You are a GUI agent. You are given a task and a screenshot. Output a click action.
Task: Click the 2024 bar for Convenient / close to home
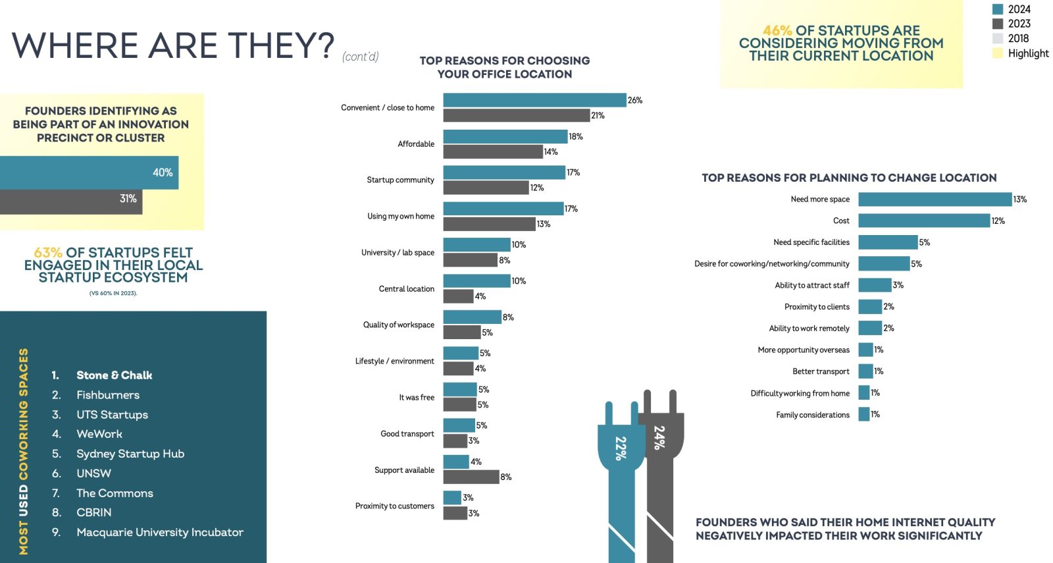[x=534, y=100]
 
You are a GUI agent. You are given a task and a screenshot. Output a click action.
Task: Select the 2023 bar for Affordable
[x=493, y=152]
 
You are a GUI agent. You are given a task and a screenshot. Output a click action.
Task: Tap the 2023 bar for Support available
[x=471, y=477]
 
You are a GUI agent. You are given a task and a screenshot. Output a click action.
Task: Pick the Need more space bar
[x=935, y=200]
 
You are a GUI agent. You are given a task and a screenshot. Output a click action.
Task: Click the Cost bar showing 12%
[x=924, y=221]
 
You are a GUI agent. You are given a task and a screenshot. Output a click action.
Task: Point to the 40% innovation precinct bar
[x=89, y=173]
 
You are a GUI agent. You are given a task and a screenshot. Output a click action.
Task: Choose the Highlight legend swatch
[x=998, y=53]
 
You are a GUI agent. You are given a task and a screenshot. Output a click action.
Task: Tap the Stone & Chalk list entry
[x=114, y=375]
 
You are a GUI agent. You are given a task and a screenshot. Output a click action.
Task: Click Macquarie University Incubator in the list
[x=160, y=532]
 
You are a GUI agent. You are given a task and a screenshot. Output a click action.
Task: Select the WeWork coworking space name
[x=99, y=434]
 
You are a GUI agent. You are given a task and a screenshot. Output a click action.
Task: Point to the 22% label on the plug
[x=621, y=448]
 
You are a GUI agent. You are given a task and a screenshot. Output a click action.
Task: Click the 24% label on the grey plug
[x=659, y=437]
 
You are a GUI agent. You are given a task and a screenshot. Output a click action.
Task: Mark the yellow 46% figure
[x=777, y=30]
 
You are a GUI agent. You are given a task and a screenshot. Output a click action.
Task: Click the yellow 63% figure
[x=48, y=253]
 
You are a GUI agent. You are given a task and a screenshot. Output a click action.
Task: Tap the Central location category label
[x=406, y=289]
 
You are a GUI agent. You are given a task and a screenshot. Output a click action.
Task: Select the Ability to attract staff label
[x=811, y=285]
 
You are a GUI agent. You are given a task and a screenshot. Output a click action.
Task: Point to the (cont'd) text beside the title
[x=360, y=57]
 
